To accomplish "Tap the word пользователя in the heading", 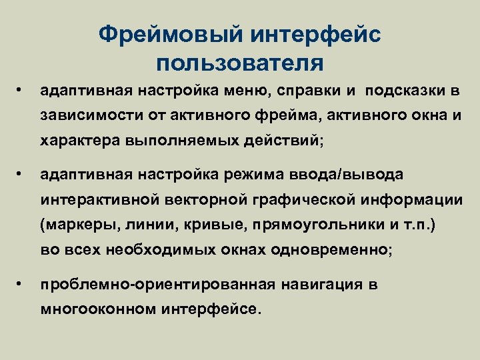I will point(240,63).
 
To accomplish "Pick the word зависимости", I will point(83,115).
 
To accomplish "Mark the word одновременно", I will point(333,250).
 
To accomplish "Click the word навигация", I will point(322,285).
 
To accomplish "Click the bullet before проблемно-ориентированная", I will point(21,283).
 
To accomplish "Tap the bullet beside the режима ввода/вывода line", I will point(21,173).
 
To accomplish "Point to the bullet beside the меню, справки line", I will point(21,89).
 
